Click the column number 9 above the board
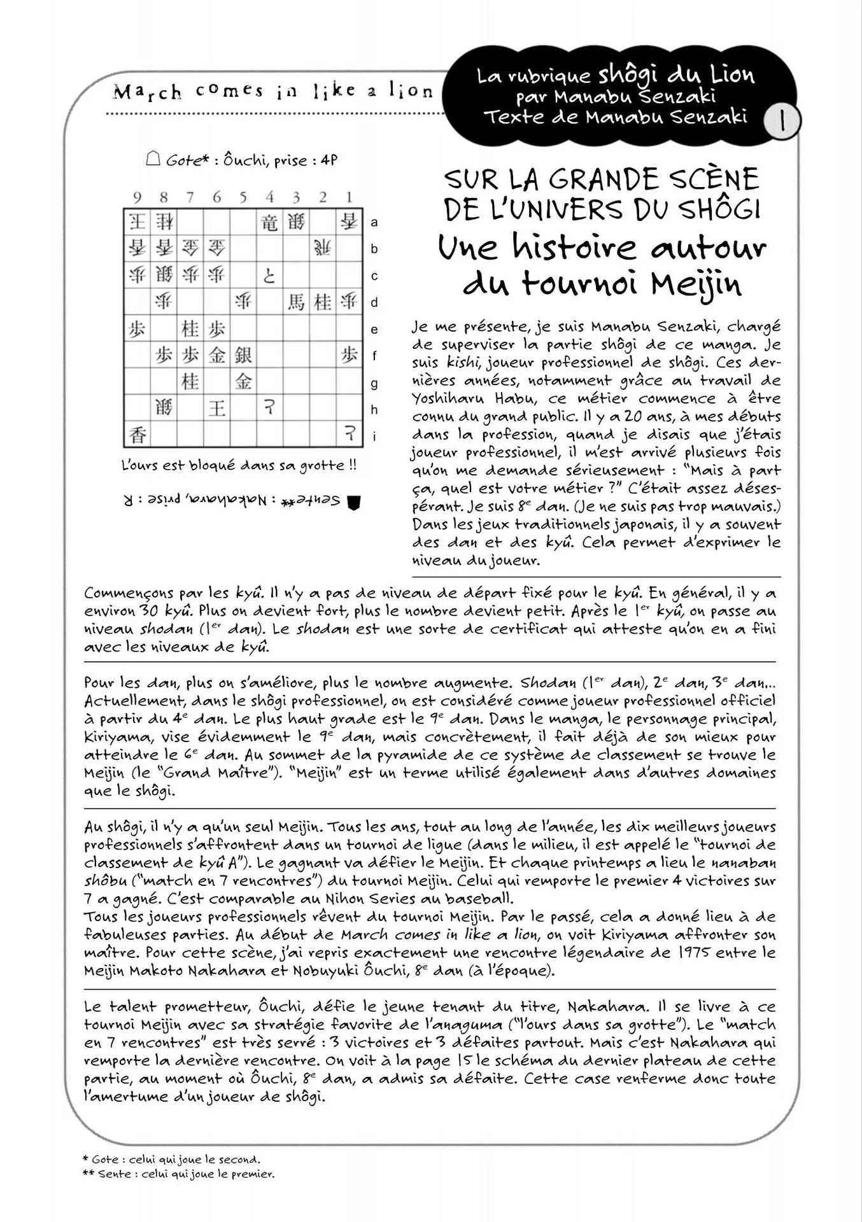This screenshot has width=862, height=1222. coord(137,197)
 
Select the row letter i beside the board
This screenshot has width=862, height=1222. coord(374,437)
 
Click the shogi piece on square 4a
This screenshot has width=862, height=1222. coord(269,222)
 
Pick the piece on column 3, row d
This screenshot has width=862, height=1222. coord(296,302)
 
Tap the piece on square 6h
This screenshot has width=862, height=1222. coord(216,407)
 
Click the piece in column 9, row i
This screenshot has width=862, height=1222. coord(137,435)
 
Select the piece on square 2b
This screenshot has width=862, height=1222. coord(322,249)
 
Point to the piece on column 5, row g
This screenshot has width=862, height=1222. coord(243,381)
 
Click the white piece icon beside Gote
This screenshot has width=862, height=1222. coord(153,159)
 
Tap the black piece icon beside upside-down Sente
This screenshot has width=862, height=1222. coord(354,502)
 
